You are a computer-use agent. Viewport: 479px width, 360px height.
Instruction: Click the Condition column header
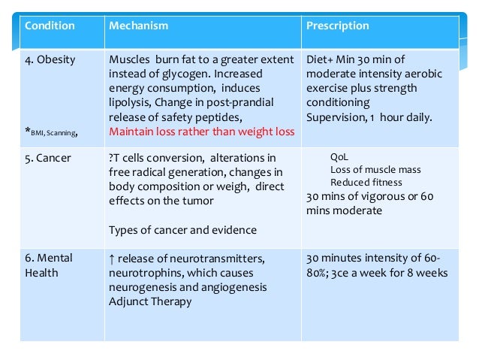(x=50, y=26)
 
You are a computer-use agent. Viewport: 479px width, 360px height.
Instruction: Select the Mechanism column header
(x=138, y=26)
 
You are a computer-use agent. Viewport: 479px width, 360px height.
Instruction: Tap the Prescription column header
(x=337, y=26)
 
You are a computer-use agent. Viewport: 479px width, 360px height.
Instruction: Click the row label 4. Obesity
(x=50, y=59)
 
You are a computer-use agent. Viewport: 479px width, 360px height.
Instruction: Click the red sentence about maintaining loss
(x=201, y=132)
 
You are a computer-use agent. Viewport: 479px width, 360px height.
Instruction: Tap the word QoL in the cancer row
(x=339, y=158)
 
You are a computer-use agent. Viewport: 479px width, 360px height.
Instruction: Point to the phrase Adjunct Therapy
(x=150, y=301)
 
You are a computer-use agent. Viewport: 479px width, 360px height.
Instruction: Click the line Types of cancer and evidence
(x=182, y=230)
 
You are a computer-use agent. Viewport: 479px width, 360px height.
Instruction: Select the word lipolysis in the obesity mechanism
(x=132, y=102)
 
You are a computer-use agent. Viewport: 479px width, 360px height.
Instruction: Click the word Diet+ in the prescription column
(x=321, y=59)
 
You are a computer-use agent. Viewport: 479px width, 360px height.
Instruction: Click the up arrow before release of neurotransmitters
(x=113, y=259)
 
